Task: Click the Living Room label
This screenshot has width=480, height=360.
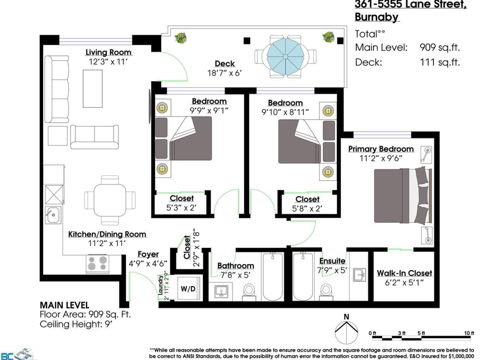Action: pos(108,52)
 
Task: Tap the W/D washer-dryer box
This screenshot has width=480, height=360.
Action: pos(188,288)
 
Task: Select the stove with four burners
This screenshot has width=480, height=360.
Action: pos(98,264)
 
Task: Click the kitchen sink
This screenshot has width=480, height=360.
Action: pos(53,215)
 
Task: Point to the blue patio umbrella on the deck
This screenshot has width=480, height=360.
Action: pos(285,57)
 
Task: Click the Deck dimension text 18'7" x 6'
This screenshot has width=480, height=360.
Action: pos(224,73)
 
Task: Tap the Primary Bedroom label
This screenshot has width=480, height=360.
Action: pos(381,149)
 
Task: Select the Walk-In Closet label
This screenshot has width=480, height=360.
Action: pos(404,273)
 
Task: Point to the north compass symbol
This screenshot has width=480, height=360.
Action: pos(346,332)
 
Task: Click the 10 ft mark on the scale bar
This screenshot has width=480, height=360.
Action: pos(469,333)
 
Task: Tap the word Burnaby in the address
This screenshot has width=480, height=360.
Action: pos(376,17)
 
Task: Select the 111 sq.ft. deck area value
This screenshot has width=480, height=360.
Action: pos(440,62)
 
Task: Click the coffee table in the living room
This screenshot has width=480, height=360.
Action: pos(92,88)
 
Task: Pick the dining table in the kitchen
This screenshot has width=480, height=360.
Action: pos(110,200)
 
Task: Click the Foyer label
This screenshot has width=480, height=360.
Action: pos(148,254)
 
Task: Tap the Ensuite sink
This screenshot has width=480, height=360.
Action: pos(360,274)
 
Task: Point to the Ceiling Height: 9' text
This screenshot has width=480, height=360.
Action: pos(76,324)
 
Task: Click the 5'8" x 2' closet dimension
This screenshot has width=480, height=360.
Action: pos(307,209)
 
